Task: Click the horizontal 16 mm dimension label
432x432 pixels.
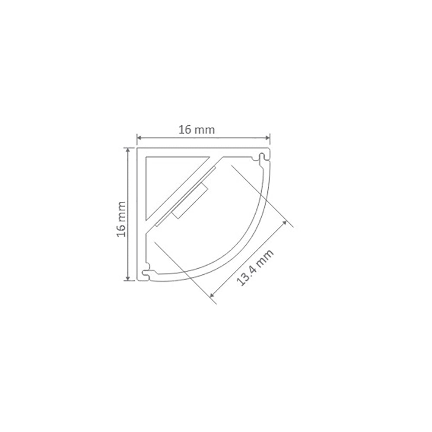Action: point(197,129)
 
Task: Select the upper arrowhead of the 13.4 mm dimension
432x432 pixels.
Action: point(285,222)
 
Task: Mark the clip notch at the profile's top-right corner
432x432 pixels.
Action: point(262,156)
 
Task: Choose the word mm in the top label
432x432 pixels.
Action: point(206,129)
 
